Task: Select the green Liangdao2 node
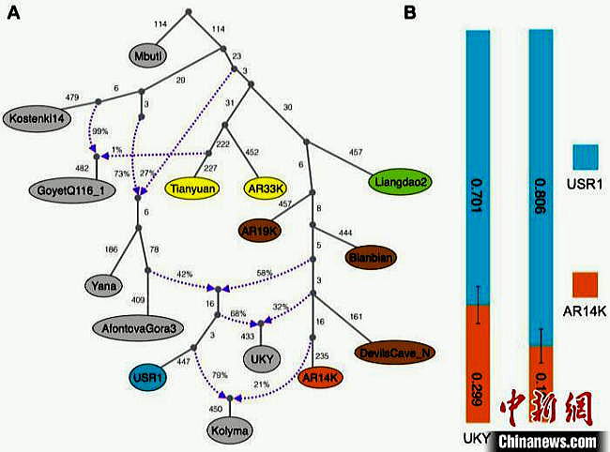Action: coord(399,183)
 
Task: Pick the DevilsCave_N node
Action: coord(393,352)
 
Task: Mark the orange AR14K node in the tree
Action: coord(321,377)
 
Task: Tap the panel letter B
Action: coord(408,13)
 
